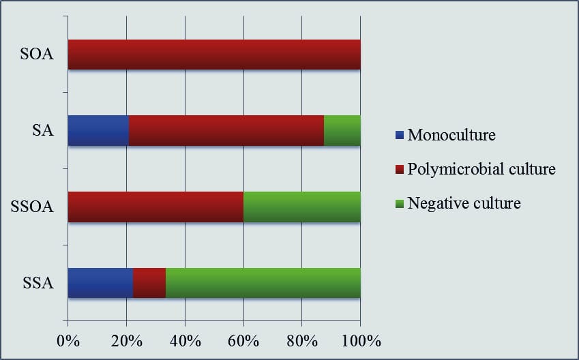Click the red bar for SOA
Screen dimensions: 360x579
coord(214,55)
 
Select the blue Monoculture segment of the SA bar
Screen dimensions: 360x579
coord(98,131)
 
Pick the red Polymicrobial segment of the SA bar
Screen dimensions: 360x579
coord(226,131)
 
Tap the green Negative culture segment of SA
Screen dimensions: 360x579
coord(342,131)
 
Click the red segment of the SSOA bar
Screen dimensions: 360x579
coord(155,207)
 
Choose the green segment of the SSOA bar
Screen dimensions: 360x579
coord(301,207)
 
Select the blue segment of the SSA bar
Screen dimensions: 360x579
coord(100,283)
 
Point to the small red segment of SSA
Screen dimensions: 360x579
coord(149,283)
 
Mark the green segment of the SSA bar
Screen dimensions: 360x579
coord(263,283)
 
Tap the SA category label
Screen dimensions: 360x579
coord(42,131)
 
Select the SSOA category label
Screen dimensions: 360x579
coord(33,207)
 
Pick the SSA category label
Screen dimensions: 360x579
coord(38,283)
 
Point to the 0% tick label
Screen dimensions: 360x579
coord(68,340)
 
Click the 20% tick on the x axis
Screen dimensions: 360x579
coord(126,340)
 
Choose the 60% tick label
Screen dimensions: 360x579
coord(243,340)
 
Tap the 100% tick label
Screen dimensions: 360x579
coord(360,340)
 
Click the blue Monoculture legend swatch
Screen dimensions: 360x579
coord(400,135)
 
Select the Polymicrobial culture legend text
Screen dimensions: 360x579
coord(481,169)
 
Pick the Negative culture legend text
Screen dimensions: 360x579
coord(464,203)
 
